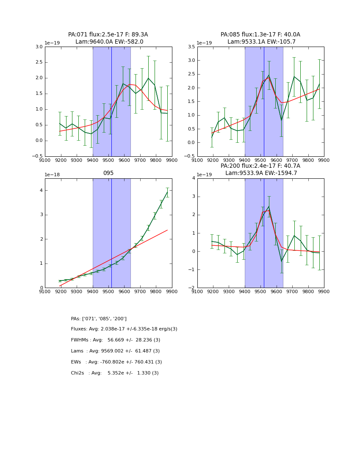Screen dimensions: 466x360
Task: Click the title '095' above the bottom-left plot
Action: (108, 173)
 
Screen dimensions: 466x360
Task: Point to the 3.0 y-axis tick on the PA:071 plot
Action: (39, 47)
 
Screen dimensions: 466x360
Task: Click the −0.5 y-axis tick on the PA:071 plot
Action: (37, 156)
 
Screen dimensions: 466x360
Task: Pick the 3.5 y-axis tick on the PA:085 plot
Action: (191, 47)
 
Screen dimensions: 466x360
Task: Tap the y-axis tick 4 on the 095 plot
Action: (41, 190)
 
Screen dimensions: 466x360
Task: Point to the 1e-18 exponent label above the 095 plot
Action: (52, 175)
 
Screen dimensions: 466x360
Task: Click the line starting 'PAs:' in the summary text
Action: (99, 319)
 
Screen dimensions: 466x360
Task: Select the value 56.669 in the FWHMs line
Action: (116, 340)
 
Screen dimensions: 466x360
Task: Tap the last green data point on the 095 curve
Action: (167, 192)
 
